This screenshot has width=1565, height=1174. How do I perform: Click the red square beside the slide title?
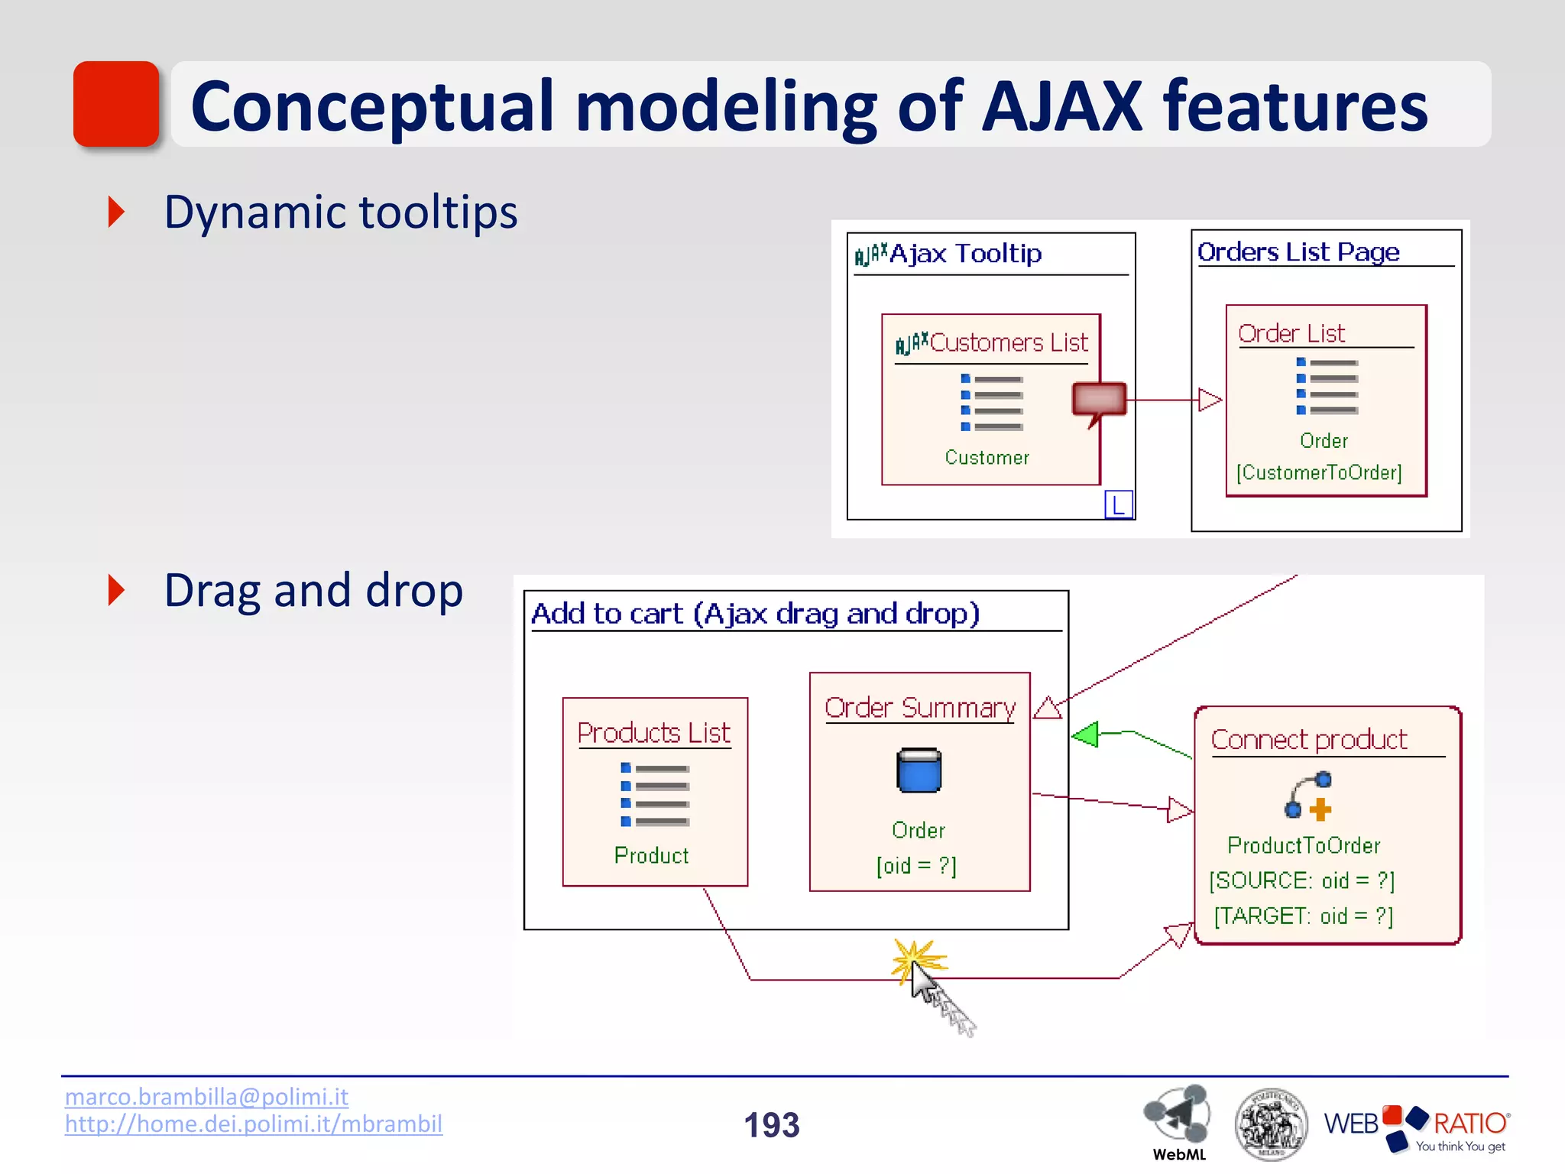(x=115, y=104)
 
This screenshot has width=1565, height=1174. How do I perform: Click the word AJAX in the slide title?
(x=1061, y=106)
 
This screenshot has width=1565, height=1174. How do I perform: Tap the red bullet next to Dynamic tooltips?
(x=116, y=212)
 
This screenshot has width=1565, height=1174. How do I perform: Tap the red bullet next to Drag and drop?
(x=116, y=590)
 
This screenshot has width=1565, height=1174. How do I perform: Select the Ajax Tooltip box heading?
(x=964, y=254)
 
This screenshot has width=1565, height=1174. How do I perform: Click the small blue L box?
(x=1118, y=504)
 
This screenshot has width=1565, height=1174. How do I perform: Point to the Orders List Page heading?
(x=1298, y=251)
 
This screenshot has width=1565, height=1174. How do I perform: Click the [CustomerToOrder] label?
(x=1319, y=472)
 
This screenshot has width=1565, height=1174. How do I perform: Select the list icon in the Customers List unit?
(x=991, y=402)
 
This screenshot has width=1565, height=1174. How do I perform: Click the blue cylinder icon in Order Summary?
(x=919, y=770)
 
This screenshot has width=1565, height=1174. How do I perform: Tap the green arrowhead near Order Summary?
(x=1085, y=735)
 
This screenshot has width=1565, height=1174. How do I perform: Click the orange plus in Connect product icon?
(x=1320, y=809)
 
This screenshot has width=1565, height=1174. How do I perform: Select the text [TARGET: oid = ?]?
(x=1304, y=915)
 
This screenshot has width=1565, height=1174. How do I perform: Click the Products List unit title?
(x=653, y=733)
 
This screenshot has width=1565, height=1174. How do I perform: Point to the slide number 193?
(x=771, y=1125)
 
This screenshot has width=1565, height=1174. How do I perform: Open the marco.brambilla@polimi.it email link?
(x=206, y=1097)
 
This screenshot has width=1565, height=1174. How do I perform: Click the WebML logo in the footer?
(x=1178, y=1120)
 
